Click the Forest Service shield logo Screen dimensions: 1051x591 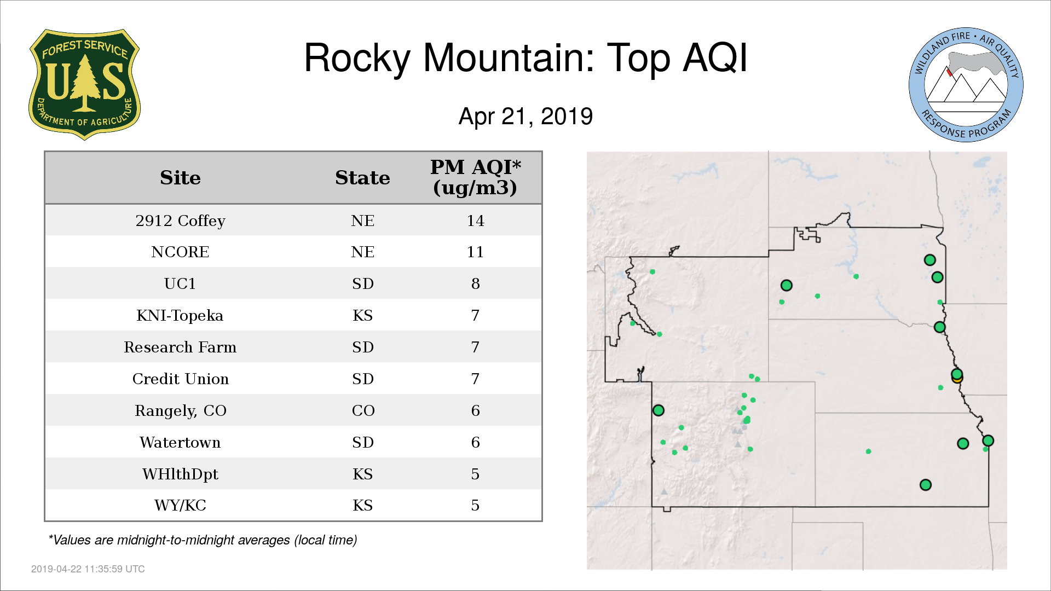84,84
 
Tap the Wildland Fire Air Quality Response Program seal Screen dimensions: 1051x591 966,85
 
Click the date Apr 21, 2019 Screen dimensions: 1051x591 525,117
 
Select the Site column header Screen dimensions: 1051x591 180,178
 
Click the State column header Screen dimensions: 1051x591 362,178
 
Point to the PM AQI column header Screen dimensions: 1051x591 475,177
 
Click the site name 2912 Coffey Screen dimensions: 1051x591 180,221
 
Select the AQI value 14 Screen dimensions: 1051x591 475,221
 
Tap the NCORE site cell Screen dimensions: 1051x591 180,252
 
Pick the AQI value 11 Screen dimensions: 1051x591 475,252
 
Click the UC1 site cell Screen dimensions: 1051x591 180,283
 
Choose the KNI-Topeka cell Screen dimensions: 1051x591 180,315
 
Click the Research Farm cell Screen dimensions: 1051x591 180,347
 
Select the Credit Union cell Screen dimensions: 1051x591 180,379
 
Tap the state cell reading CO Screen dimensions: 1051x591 363,410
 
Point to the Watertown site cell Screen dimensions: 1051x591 180,442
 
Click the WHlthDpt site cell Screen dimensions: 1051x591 180,474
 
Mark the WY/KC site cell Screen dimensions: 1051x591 180,505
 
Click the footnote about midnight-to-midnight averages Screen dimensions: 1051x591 203,540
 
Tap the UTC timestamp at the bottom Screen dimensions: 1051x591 88,569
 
